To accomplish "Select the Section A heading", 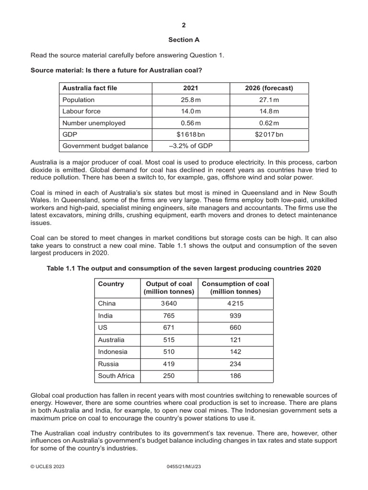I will (x=184, y=40).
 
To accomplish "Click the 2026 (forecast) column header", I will (x=269, y=88).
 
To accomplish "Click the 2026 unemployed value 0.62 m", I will (x=269, y=123).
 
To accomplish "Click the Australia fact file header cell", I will (x=90, y=88).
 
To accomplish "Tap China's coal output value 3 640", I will (x=168, y=303).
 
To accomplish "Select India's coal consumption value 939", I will (x=235, y=315).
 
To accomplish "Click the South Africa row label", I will (x=116, y=376).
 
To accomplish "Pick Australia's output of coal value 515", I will (x=168, y=339).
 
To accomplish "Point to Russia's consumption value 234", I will (x=235, y=364).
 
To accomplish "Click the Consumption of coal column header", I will (x=235, y=288).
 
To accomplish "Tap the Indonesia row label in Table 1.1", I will (x=113, y=352).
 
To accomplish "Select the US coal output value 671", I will (x=168, y=327).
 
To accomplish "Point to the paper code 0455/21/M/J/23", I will (x=184, y=478).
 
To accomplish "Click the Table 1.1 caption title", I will (x=184, y=268).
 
